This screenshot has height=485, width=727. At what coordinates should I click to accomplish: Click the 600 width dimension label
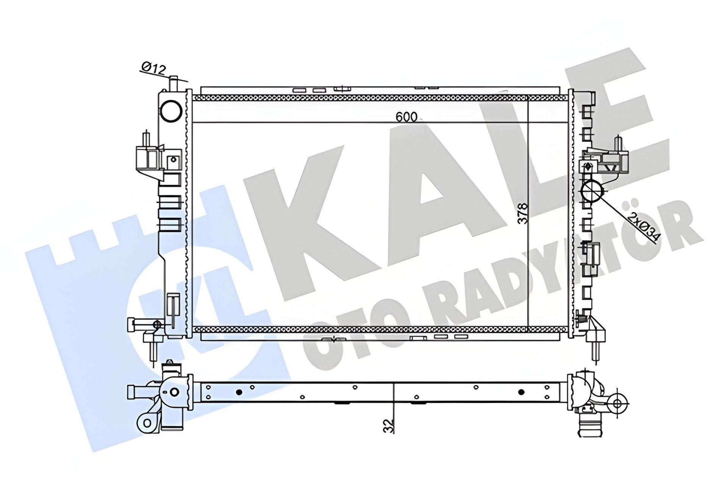(406, 117)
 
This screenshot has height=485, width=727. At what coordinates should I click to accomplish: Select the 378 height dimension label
(523, 214)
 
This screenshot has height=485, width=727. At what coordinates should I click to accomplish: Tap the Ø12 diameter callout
(154, 68)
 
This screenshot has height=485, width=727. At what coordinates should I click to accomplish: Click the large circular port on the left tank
(171, 111)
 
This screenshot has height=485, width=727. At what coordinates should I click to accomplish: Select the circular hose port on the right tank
(591, 191)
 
